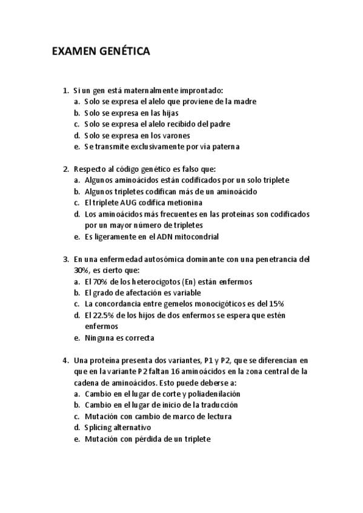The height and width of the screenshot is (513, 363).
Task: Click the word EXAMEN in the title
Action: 71,53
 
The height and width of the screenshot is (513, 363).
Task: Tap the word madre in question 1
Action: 245,102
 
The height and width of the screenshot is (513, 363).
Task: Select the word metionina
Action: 185,203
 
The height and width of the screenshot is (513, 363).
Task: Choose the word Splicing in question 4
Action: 101,428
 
